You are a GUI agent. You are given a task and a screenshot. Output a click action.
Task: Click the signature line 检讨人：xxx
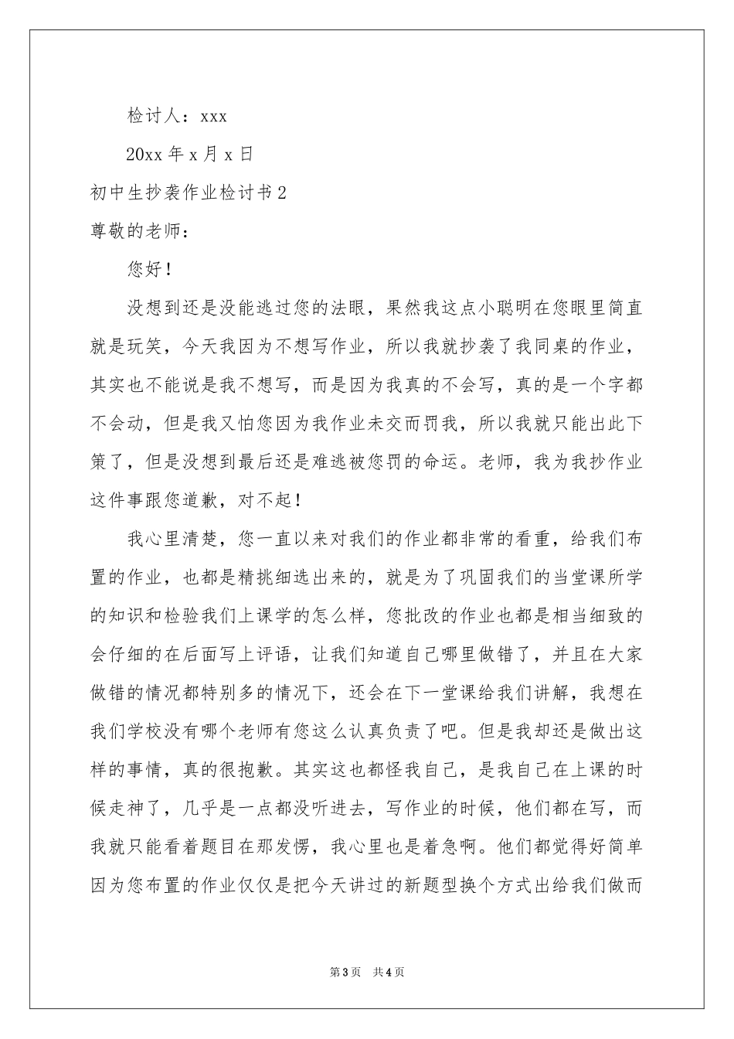point(176,116)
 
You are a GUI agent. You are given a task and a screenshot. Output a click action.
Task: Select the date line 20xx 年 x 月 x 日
point(189,155)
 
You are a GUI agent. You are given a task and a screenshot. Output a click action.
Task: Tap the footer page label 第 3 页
point(345,972)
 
